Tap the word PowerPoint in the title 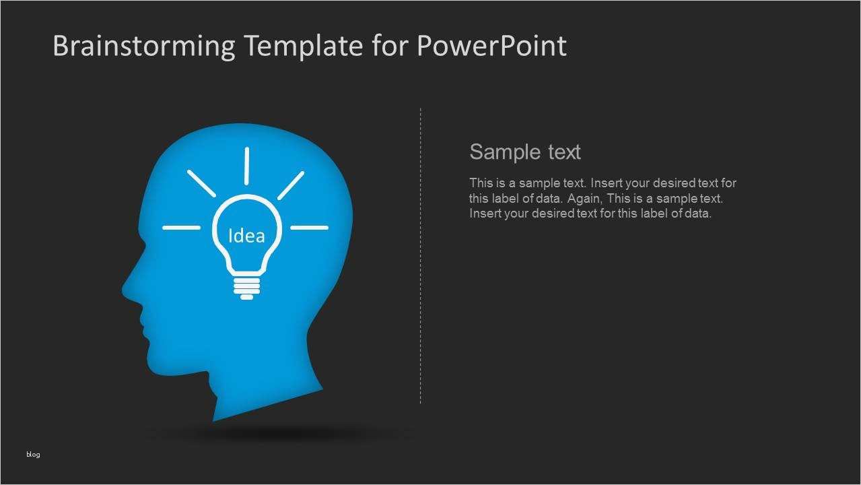[491, 45]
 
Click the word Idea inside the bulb [246, 235]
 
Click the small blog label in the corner [33, 454]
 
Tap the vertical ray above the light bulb [247, 166]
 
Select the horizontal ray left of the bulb [182, 228]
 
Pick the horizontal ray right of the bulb [309, 228]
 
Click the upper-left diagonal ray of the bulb [201, 183]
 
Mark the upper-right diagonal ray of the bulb [291, 185]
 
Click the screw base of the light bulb [247, 288]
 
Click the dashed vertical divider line [421, 256]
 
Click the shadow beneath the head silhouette [277, 433]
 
